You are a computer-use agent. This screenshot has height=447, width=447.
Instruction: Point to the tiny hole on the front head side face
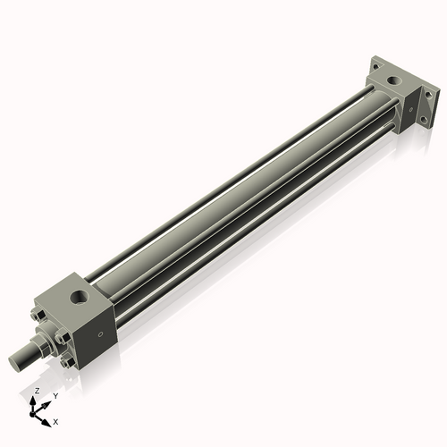click(100, 335)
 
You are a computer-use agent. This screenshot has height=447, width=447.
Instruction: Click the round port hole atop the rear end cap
click(392, 81)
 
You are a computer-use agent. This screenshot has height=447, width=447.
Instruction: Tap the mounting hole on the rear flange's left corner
click(375, 65)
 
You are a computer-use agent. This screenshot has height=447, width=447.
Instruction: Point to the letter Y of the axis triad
click(55, 395)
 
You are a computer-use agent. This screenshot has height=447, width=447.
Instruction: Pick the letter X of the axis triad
click(56, 420)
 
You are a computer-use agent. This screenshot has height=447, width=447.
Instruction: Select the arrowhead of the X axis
click(47, 418)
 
